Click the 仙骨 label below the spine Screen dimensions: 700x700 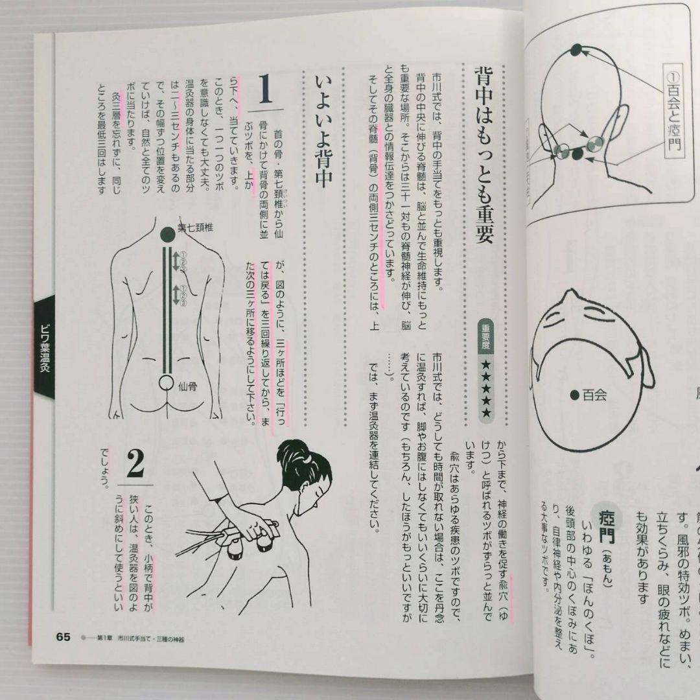coord(187,387)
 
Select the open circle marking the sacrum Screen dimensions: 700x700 coord(167,382)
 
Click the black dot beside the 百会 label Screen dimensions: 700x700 coord(574,394)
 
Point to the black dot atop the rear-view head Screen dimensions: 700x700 coord(576,49)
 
